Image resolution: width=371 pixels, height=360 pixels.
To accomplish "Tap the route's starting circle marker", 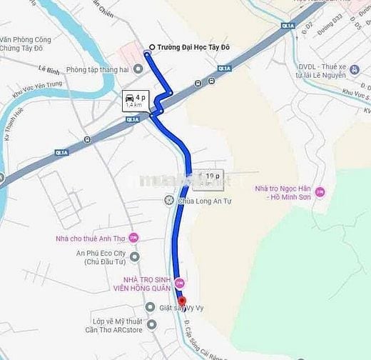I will (x=149, y=49).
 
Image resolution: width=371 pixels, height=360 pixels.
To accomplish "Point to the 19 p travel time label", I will (x=212, y=175).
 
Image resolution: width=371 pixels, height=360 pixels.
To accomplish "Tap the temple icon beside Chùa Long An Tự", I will (x=168, y=201).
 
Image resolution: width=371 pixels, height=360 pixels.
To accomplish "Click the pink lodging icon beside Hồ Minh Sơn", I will (x=320, y=191).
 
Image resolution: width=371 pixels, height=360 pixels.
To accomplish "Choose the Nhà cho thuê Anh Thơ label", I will (x=90, y=239).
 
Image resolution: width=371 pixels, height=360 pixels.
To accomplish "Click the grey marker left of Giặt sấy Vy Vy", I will (x=150, y=307).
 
